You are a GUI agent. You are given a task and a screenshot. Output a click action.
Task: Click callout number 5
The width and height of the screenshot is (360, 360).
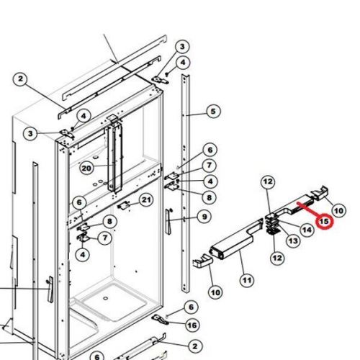213,111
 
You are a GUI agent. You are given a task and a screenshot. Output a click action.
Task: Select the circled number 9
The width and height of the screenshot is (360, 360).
204,217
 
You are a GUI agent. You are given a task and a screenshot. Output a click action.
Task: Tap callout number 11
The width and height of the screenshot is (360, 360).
247,279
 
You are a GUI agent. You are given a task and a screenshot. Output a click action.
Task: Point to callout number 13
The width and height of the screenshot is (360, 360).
293,240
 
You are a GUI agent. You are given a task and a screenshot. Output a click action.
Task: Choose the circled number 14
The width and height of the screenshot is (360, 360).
307,229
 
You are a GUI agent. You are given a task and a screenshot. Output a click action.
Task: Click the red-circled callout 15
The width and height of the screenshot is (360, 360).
325,222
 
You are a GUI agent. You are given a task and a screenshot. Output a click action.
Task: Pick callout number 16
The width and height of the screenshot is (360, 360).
192,325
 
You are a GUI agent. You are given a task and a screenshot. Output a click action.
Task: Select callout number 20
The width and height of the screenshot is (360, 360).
86,168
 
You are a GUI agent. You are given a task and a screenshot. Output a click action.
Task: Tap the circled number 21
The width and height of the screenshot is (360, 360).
145,199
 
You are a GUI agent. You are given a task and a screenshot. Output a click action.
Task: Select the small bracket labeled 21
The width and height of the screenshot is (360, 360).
125,205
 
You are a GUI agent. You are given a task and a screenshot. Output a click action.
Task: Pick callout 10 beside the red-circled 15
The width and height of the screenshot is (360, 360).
338,211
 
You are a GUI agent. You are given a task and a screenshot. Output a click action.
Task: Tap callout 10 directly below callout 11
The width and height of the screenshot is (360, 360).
215,292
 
